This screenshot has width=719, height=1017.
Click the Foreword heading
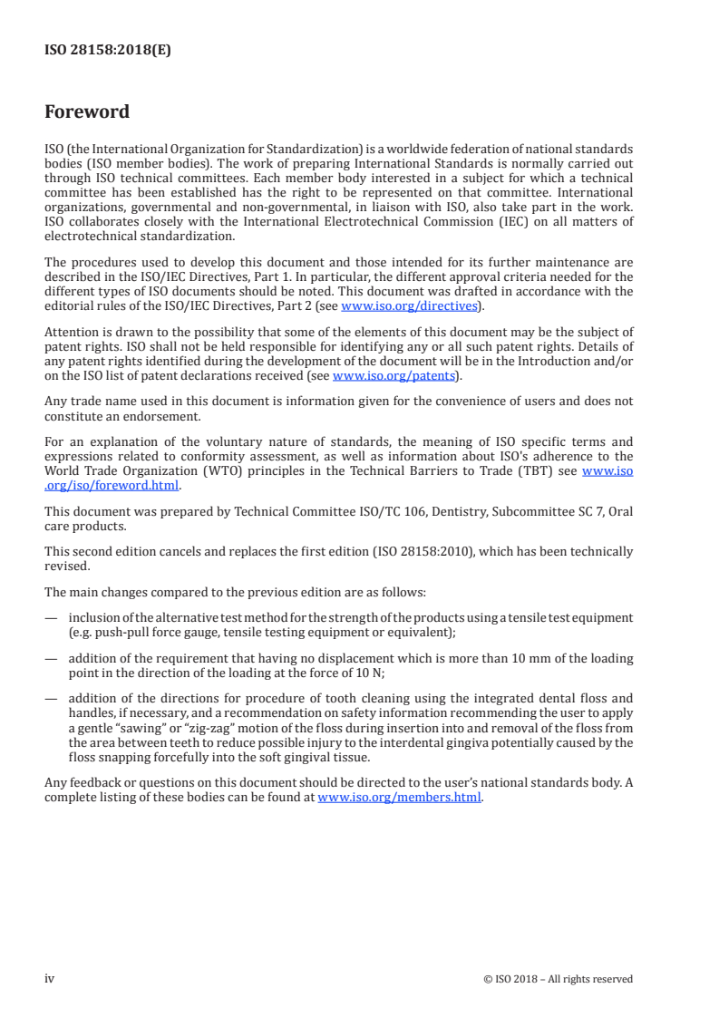point(87,112)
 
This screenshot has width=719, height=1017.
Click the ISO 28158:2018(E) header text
point(108,51)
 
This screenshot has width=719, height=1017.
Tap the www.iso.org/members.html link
point(399,799)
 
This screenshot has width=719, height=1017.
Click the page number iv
point(50,979)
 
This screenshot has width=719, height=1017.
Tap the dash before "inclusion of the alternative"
point(51,618)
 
